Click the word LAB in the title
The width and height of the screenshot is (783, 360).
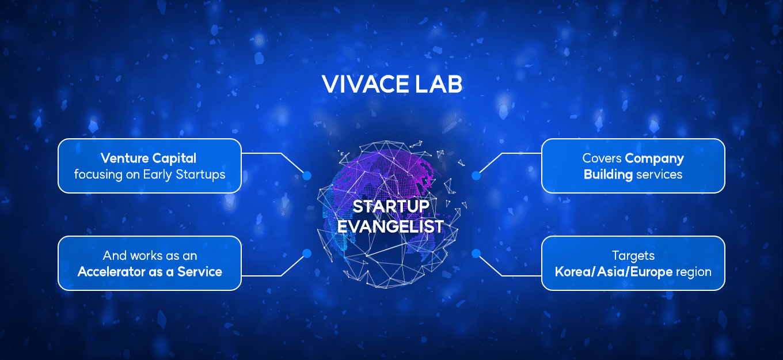[x=438, y=84]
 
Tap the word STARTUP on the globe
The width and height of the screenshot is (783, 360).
[x=391, y=206]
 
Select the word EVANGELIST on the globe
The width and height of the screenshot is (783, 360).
[x=390, y=226]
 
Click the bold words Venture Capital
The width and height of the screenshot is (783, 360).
[x=149, y=158]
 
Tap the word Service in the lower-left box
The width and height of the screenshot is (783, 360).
[x=200, y=272]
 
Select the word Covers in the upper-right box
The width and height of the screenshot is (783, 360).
[x=602, y=158]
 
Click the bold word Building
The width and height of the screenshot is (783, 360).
[x=608, y=175]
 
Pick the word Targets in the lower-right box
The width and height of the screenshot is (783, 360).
[x=633, y=256]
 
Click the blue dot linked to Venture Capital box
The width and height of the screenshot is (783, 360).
[x=307, y=176]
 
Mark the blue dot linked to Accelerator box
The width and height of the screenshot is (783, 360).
[x=307, y=253]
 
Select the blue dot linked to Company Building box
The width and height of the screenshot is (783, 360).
[x=476, y=176]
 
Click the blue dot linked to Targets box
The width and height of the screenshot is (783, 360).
[x=476, y=253]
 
